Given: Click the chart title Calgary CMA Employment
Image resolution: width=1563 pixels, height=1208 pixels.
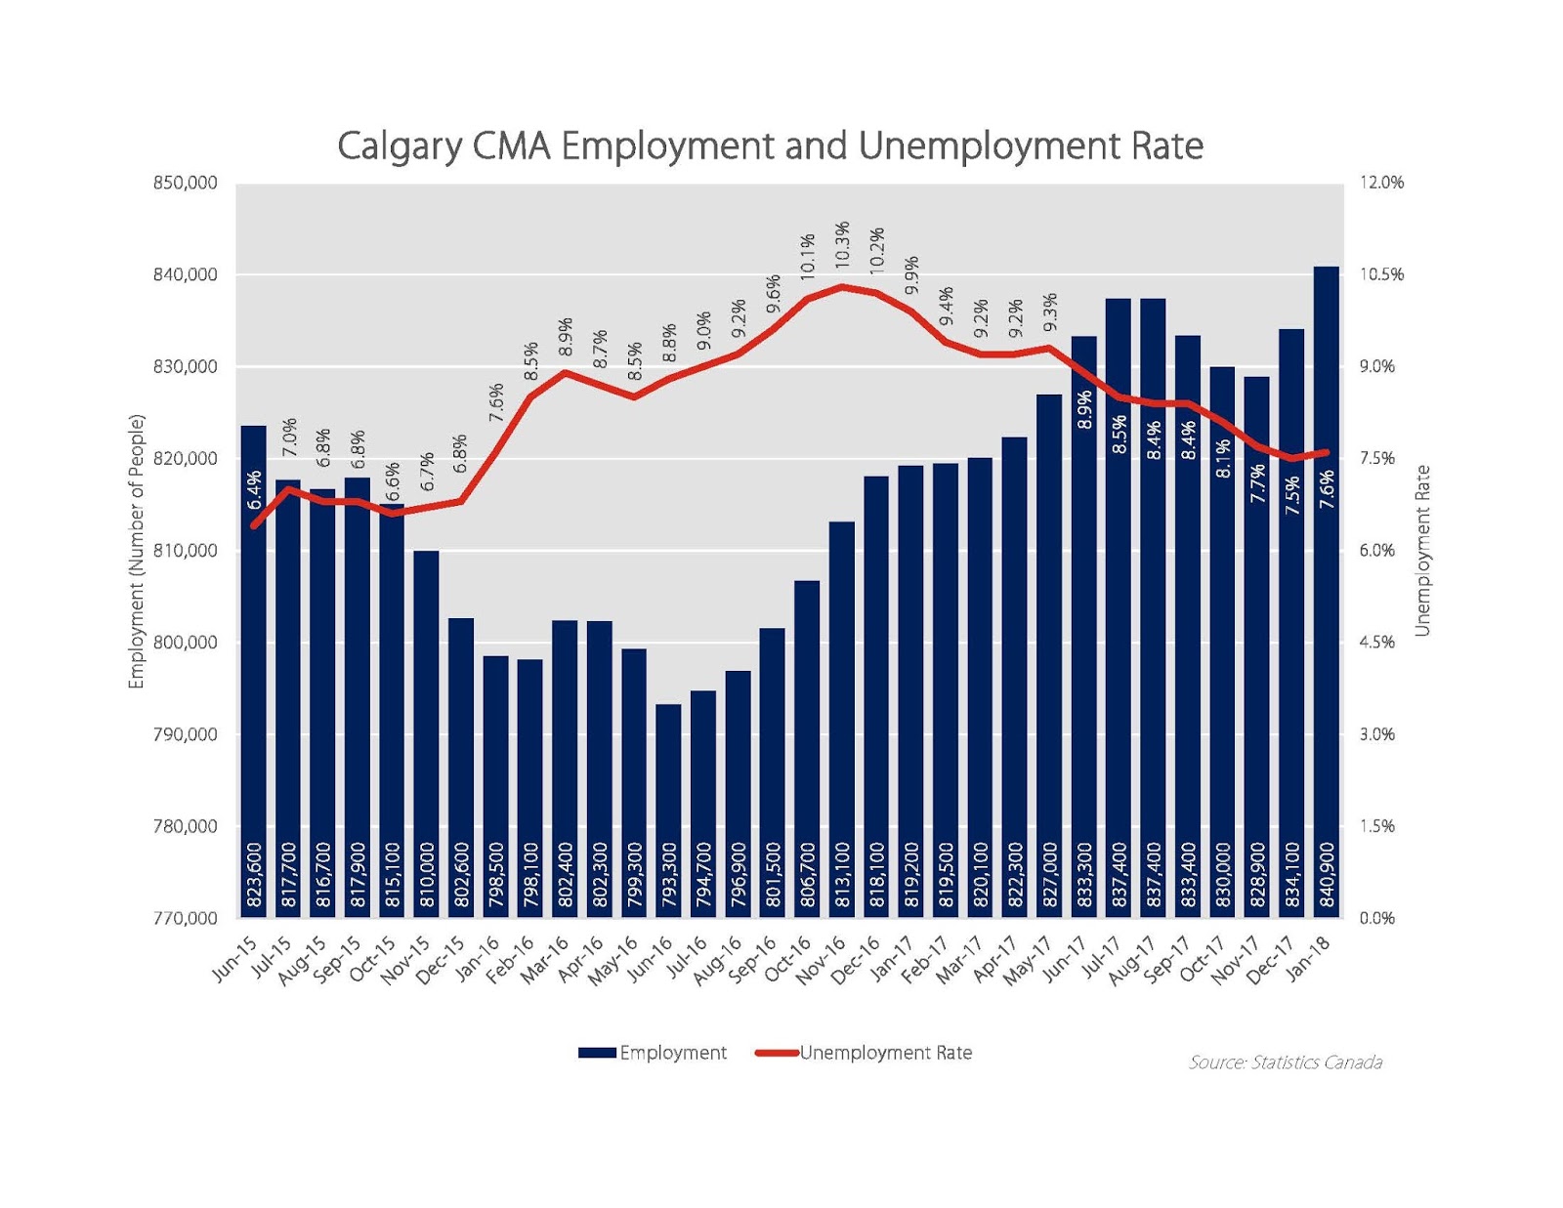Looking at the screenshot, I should pyautogui.click(x=770, y=146).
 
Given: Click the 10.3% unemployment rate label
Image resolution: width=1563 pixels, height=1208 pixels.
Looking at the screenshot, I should pyautogui.click(x=842, y=244).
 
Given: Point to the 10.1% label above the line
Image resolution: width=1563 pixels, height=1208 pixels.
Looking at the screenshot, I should pyautogui.click(x=808, y=257).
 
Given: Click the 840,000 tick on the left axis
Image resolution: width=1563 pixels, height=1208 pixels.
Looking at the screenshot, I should pyautogui.click(x=186, y=275).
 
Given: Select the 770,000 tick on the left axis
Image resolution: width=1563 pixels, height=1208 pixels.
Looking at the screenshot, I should pyautogui.click(x=186, y=918).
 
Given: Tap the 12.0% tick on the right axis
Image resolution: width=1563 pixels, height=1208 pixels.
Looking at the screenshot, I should pyautogui.click(x=1381, y=183).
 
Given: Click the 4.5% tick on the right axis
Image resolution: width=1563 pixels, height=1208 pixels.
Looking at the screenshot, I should pyautogui.click(x=1377, y=643).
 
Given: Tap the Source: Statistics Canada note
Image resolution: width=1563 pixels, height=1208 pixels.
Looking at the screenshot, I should pyautogui.click(x=1285, y=1062).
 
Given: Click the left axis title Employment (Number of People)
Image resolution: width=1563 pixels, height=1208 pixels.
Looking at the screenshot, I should pyautogui.click(x=137, y=552).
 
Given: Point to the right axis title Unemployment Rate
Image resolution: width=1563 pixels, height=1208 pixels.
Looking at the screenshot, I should pyautogui.click(x=1422, y=552).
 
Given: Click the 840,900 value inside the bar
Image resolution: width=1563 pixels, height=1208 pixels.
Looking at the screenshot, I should pyautogui.click(x=1327, y=876).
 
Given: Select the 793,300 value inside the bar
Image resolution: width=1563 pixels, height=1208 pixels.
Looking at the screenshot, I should pyautogui.click(x=669, y=876).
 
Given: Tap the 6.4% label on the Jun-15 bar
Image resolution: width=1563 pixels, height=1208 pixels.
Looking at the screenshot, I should pyautogui.click(x=254, y=490).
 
